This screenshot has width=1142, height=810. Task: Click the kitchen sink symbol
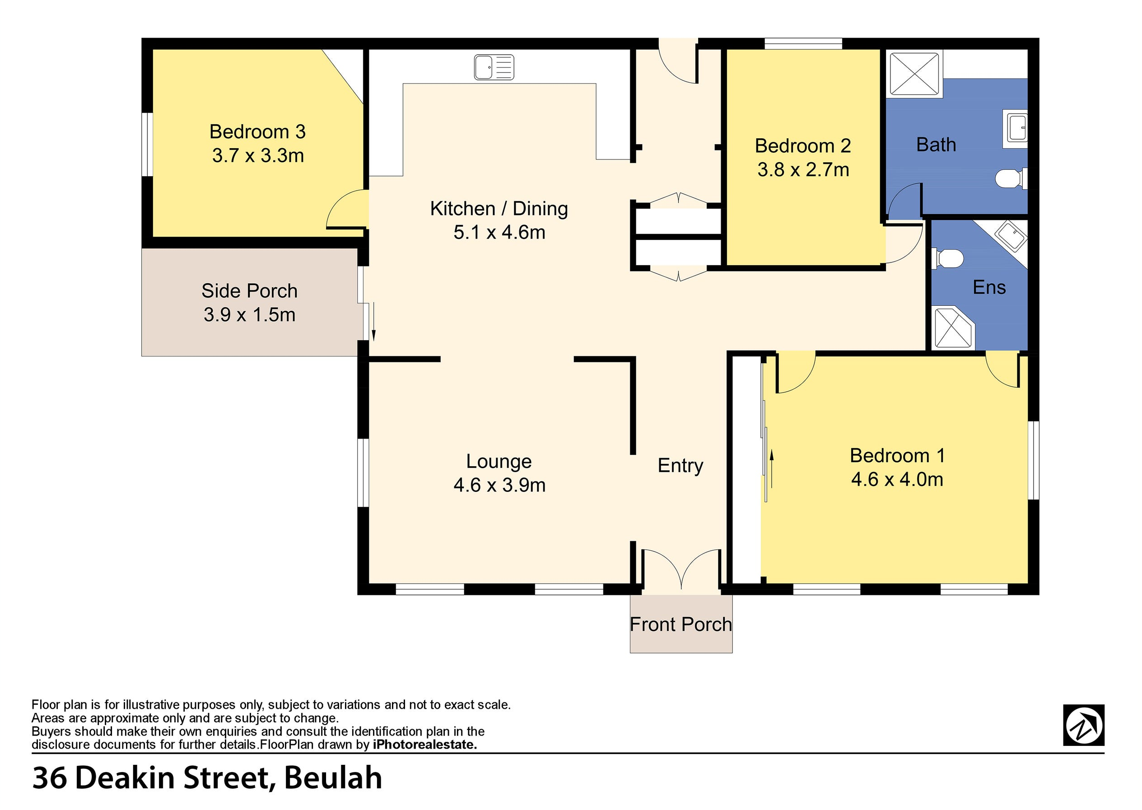tap(494, 67)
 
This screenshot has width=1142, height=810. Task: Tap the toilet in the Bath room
tap(1011, 178)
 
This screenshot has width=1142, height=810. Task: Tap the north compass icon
tap(1083, 725)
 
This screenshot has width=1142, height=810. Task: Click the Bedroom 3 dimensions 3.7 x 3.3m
tap(258, 155)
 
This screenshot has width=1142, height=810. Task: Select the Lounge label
tap(499, 461)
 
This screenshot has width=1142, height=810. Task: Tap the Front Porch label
tap(681, 624)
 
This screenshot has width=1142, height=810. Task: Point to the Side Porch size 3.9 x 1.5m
tap(249, 315)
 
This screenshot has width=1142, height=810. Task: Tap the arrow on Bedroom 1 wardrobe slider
tap(772, 468)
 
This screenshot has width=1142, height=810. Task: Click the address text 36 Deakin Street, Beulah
tap(207, 777)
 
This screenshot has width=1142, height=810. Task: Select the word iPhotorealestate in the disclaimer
tap(425, 744)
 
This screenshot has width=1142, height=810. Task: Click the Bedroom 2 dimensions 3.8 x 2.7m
tap(802, 169)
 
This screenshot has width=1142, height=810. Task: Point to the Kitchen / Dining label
tap(499, 208)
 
